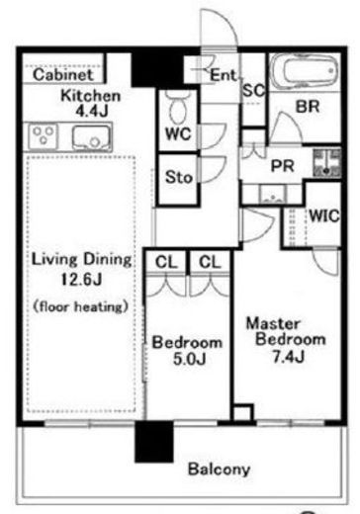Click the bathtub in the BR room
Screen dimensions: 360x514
305,71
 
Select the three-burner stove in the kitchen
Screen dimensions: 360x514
44,135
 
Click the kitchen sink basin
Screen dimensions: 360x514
91,137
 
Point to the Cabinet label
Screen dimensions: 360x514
63,74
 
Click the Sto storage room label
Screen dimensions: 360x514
179,177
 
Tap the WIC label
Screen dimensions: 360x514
324,215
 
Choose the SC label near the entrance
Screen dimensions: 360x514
253,90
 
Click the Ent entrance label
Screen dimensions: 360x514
224,75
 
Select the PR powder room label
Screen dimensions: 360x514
282,166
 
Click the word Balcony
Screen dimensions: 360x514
219,470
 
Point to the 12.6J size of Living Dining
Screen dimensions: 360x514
81,280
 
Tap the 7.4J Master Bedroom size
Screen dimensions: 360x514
289,356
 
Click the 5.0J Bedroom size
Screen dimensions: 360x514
190,359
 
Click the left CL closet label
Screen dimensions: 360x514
166,262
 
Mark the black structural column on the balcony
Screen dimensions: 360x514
154,442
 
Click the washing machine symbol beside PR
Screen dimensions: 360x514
326,163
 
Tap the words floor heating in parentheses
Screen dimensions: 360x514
81,307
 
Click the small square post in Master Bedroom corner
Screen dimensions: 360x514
243,412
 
